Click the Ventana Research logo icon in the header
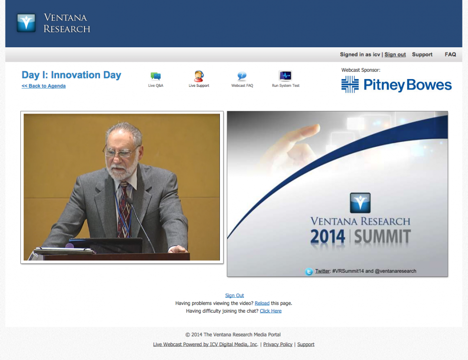(x=26, y=23)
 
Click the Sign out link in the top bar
(x=395, y=55)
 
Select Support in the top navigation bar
(x=422, y=55)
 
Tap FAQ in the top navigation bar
(x=450, y=55)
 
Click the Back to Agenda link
(x=44, y=86)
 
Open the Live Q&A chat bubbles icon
(x=155, y=76)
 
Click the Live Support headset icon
(x=199, y=76)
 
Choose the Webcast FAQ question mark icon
(x=242, y=76)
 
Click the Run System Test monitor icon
(x=285, y=76)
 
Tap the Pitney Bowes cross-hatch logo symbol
(x=350, y=85)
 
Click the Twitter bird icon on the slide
(x=309, y=271)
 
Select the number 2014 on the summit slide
(x=328, y=237)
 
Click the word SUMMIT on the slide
(x=382, y=237)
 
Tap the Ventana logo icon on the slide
(x=360, y=203)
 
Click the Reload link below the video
(x=262, y=303)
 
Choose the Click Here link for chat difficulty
(x=270, y=311)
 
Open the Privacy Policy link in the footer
(x=278, y=345)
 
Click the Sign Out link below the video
(x=234, y=295)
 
